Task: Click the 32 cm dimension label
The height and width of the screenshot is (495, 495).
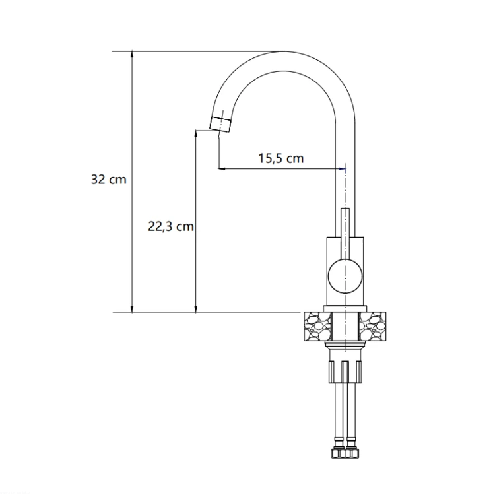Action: pyautogui.click(x=109, y=180)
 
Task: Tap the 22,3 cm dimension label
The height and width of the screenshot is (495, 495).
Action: pyautogui.click(x=171, y=226)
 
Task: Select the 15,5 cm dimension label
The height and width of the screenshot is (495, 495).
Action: pyautogui.click(x=281, y=158)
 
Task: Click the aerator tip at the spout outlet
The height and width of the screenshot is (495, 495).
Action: pyautogui.click(x=220, y=124)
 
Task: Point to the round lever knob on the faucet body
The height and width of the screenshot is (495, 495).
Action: pyautogui.click(x=345, y=277)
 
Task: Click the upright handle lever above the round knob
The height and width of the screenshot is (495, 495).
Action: pyautogui.click(x=345, y=234)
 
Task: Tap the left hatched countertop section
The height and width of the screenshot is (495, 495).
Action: pyautogui.click(x=318, y=326)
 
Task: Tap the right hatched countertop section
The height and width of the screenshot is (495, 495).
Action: pyautogui.click(x=372, y=326)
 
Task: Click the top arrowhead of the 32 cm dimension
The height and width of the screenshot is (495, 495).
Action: pyautogui.click(x=132, y=55)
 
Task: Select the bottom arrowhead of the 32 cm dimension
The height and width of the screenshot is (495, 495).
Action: pyautogui.click(x=132, y=308)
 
